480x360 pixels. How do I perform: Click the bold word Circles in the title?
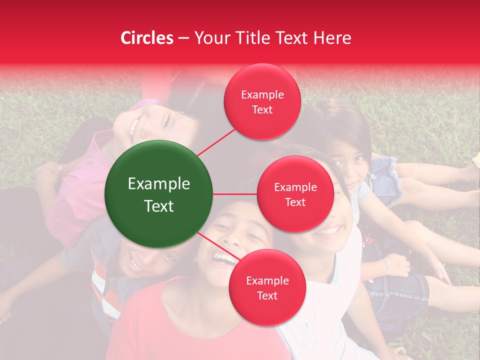(x=147, y=38)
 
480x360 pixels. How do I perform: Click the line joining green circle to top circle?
(x=216, y=141)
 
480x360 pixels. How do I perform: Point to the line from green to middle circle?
(x=235, y=194)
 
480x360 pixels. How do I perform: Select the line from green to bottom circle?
(x=215, y=245)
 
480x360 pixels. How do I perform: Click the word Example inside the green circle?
(x=159, y=184)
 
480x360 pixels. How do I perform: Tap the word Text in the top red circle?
(x=262, y=109)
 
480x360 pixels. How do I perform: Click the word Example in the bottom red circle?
(x=267, y=280)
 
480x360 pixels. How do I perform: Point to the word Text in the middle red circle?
(x=295, y=202)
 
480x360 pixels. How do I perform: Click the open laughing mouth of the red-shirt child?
(x=223, y=259)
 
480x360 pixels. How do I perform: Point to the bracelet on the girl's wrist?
(x=386, y=265)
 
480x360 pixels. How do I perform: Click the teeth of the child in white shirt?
(x=327, y=231)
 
